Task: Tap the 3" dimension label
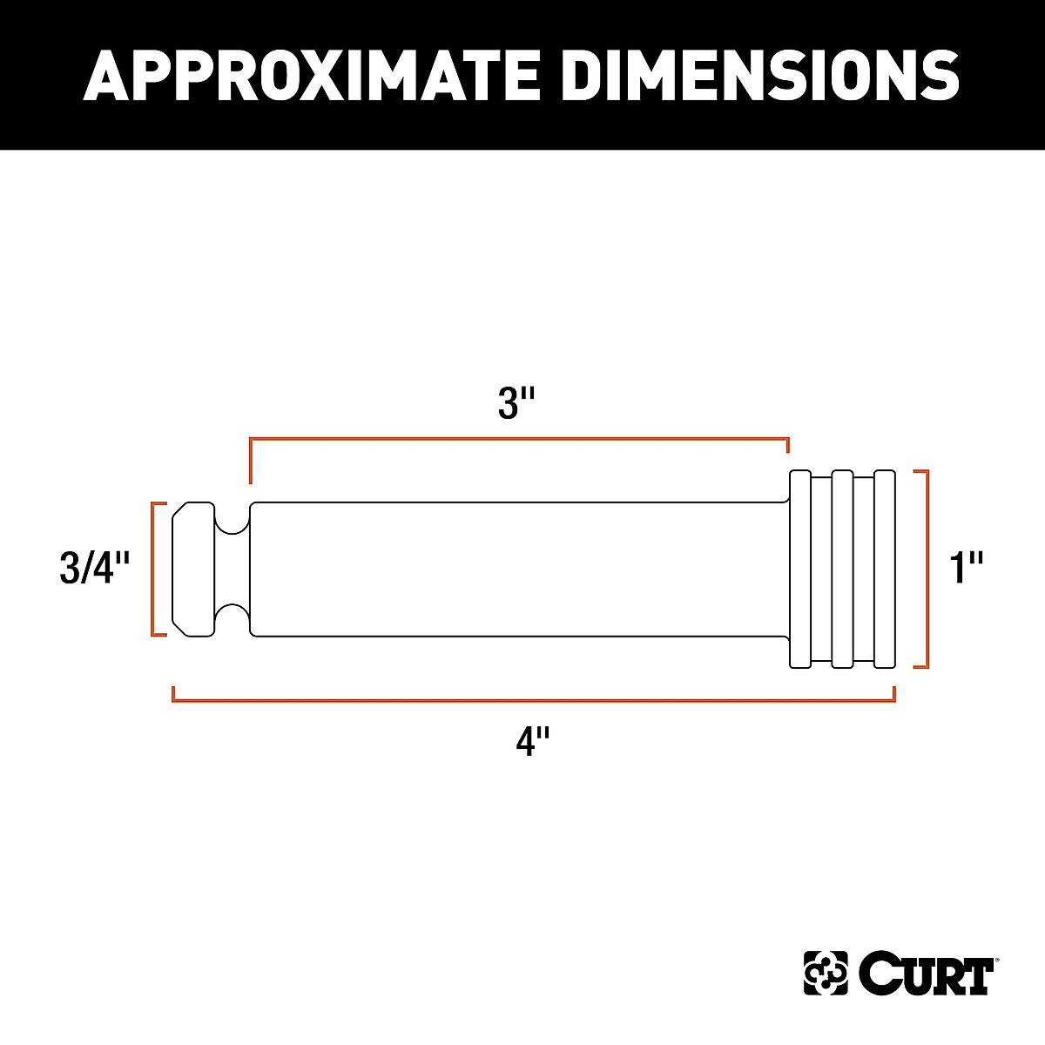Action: click(516, 404)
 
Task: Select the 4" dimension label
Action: click(532, 742)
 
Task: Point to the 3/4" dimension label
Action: click(94, 570)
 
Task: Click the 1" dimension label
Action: click(966, 570)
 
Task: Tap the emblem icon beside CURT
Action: click(825, 974)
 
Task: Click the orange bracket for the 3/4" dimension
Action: click(154, 570)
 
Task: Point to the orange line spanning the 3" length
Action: click(519, 441)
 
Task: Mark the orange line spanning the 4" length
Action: click(533, 699)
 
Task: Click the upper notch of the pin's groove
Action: click(233, 520)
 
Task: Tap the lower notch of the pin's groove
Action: click(233, 618)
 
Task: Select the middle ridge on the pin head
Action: click(842, 570)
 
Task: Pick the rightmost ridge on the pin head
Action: click(885, 570)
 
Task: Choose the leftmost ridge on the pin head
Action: click(799, 570)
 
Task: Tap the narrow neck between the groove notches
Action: click(233, 570)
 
